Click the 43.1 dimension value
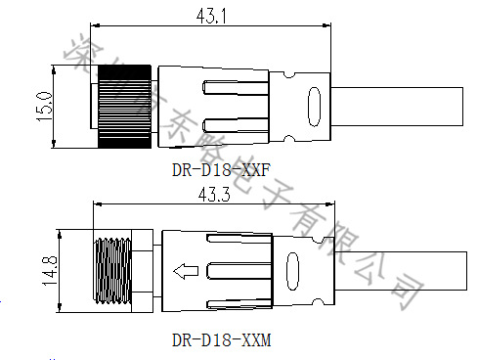[213, 17]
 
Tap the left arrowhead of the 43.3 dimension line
[96, 205]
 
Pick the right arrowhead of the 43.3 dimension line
[329, 205]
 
